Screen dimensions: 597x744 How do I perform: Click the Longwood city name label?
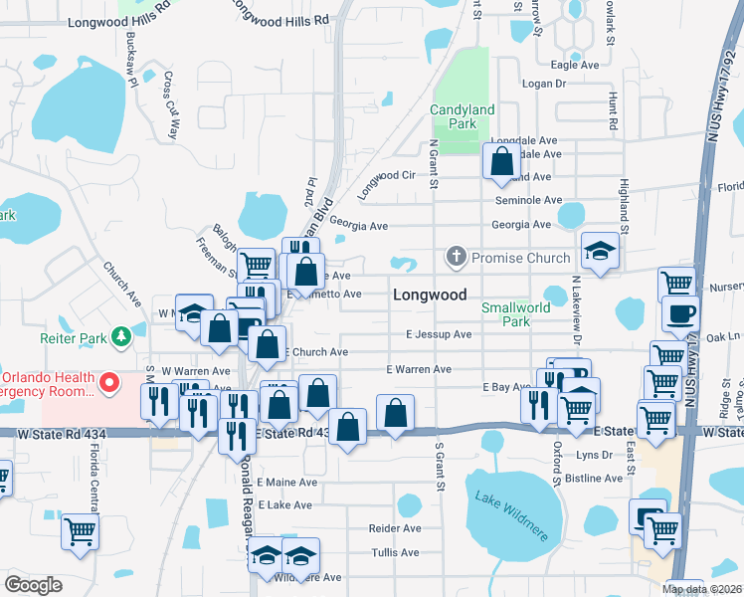pyautogui.click(x=430, y=295)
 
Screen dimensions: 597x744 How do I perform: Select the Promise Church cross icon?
pyautogui.click(x=457, y=258)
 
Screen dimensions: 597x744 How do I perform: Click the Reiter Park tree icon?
pyautogui.click(x=121, y=336)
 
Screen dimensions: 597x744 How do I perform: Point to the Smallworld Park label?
pyautogui.click(x=515, y=314)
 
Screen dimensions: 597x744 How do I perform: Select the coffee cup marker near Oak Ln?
pyautogui.click(x=681, y=314)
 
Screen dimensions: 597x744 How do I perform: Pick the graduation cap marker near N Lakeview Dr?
pyautogui.click(x=601, y=252)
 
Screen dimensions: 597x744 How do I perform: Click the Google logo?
pyautogui.click(x=33, y=585)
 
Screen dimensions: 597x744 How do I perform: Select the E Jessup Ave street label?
pyautogui.click(x=438, y=334)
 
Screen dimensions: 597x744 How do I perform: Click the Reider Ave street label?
pyautogui.click(x=395, y=528)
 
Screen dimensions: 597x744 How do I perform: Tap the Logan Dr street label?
pyautogui.click(x=543, y=85)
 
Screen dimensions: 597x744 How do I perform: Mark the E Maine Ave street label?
pyautogui.click(x=286, y=482)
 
